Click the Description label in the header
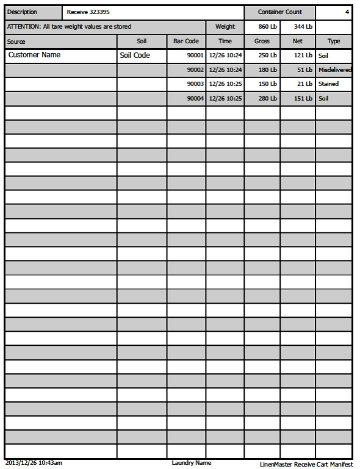(x=22, y=12)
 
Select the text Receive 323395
(x=89, y=12)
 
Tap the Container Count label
(x=279, y=12)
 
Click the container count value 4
(x=347, y=12)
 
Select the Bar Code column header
(x=186, y=41)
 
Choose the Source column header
(x=16, y=41)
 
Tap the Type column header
(x=334, y=41)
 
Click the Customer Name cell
(x=34, y=55)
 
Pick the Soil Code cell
(x=135, y=55)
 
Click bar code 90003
(x=195, y=84)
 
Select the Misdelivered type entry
(x=334, y=70)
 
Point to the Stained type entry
(x=328, y=84)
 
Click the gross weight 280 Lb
(x=267, y=98)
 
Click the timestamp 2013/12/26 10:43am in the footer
(x=34, y=463)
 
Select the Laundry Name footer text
(x=192, y=463)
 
